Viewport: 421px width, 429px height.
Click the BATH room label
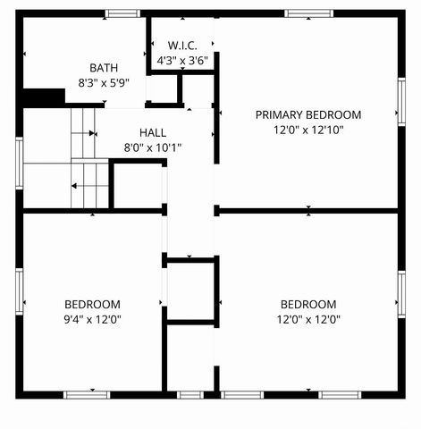[x=104, y=68]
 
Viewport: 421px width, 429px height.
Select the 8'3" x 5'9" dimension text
[x=104, y=82]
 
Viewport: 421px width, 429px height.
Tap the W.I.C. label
[x=182, y=46]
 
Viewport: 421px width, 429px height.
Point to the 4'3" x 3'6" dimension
[x=182, y=61]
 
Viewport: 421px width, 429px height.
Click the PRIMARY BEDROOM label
[x=308, y=114]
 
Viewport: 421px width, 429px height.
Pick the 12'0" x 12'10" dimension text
[x=308, y=130]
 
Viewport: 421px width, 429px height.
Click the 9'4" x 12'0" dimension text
[x=92, y=319]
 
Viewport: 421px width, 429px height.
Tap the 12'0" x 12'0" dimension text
[x=308, y=319]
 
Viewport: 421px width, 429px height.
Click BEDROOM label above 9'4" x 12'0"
[x=92, y=304]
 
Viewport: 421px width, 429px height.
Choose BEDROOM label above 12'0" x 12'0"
[x=308, y=304]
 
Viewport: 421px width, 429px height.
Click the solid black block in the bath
[x=43, y=97]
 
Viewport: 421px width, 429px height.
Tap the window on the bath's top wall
[x=122, y=13]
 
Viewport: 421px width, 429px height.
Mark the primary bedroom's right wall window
[x=401, y=102]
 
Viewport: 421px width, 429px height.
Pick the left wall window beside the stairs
[x=19, y=161]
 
